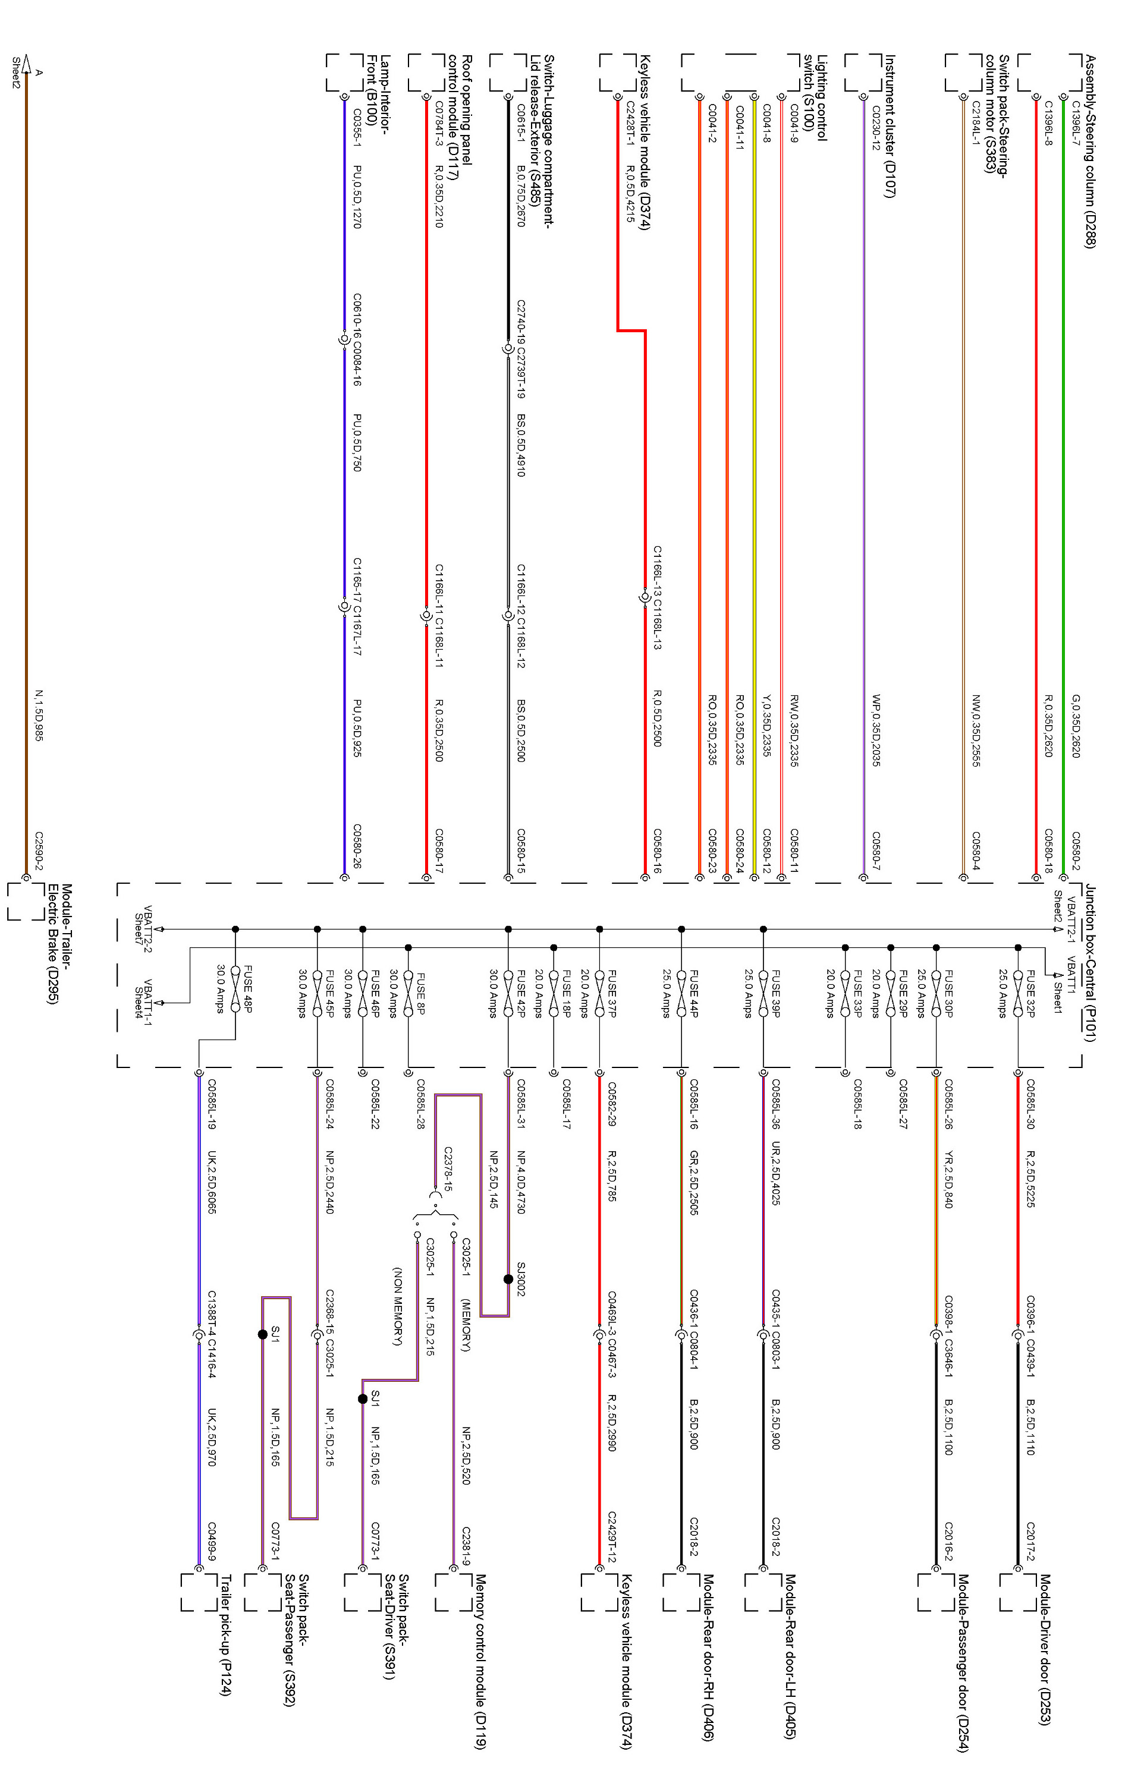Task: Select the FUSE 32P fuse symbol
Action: (1019, 988)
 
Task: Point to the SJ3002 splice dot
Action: (508, 1279)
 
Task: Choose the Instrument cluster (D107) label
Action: (890, 127)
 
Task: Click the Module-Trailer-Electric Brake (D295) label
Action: (60, 944)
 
